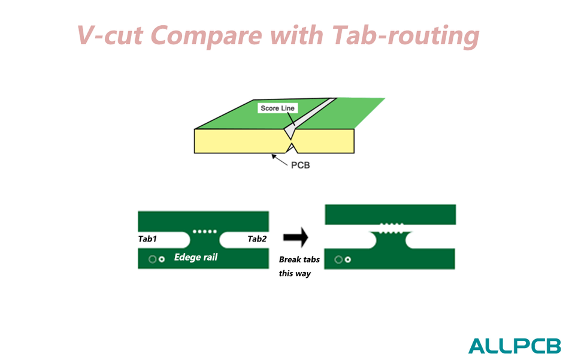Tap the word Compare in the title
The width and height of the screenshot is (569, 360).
tap(208, 36)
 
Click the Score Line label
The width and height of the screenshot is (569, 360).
tap(278, 108)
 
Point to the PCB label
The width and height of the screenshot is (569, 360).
tap(300, 165)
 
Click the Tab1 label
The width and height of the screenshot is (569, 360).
tap(147, 239)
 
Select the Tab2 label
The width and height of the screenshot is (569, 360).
tap(257, 239)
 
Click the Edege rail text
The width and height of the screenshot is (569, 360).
tap(195, 258)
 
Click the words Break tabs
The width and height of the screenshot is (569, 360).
tap(299, 260)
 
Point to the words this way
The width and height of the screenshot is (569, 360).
tap(295, 274)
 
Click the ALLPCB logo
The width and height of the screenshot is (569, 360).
tap(514, 346)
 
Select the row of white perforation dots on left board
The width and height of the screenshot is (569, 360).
tap(204, 231)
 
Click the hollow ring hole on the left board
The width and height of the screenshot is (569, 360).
tap(152, 259)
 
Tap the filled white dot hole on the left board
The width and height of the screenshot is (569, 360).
tap(162, 259)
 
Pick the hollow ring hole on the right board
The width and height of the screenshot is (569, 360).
tap(338, 259)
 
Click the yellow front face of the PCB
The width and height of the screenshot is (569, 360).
tap(240, 141)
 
